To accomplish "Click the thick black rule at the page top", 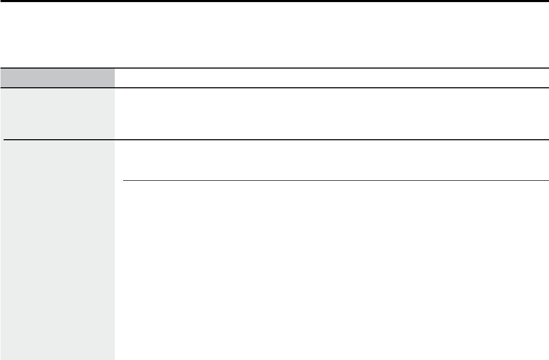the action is pos(274,1).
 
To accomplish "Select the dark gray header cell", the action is pos(57,78).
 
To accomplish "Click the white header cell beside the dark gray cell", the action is pos(331,78).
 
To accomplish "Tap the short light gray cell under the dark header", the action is pos(57,114).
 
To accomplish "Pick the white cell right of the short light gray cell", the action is pos(331,114).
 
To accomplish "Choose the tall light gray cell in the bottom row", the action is pos(57,250).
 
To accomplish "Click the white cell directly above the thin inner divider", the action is pos(331,161).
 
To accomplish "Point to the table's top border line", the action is pos(274,68).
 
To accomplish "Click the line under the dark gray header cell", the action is pos(57,88).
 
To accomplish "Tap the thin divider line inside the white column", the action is pos(336,181).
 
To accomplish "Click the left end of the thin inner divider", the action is pos(124,181).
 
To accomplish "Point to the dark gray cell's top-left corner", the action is pos(1,69).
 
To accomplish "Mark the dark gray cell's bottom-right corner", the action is pos(114,87).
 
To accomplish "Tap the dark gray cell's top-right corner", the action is pos(114,69).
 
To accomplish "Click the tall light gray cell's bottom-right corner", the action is pos(114,359).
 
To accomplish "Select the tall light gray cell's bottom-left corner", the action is pos(1,359).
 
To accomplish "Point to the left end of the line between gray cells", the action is pos(4,140).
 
